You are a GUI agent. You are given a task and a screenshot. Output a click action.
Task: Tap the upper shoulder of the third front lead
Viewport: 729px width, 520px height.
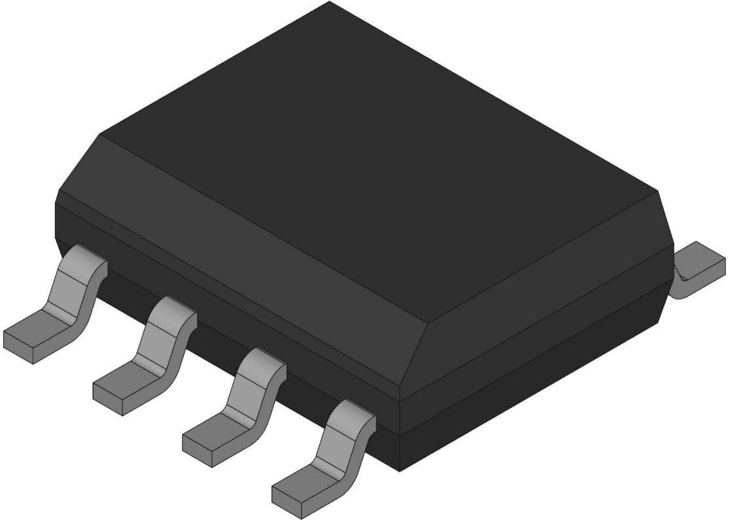(262, 364)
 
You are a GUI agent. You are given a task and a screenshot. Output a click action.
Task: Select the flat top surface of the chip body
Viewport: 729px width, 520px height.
(366, 131)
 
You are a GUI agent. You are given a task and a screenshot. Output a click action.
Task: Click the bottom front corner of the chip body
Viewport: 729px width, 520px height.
(400, 468)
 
